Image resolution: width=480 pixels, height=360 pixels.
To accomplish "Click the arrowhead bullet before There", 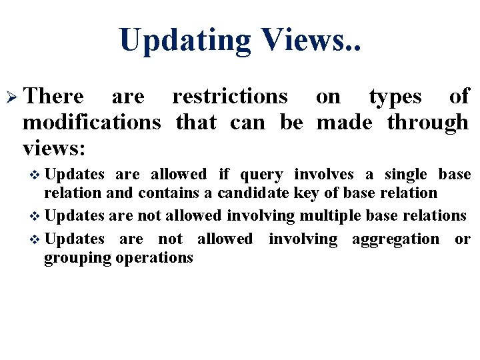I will coord(14,97).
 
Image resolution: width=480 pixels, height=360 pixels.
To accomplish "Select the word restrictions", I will coord(230,97).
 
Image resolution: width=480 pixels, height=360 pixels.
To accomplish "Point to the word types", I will coord(395,97).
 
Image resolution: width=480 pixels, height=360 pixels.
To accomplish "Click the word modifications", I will coord(91,122).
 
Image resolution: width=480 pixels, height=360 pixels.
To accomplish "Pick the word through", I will coord(427,122).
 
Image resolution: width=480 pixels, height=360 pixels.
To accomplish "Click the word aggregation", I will coord(393,239).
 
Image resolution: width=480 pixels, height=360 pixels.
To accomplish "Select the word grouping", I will coord(78,257).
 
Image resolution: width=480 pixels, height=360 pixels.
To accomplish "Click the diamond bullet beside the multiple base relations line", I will coord(36,217).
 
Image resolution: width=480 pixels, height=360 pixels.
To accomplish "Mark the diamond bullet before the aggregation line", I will coord(36,239).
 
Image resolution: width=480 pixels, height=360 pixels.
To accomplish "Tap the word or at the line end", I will coord(462,239).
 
